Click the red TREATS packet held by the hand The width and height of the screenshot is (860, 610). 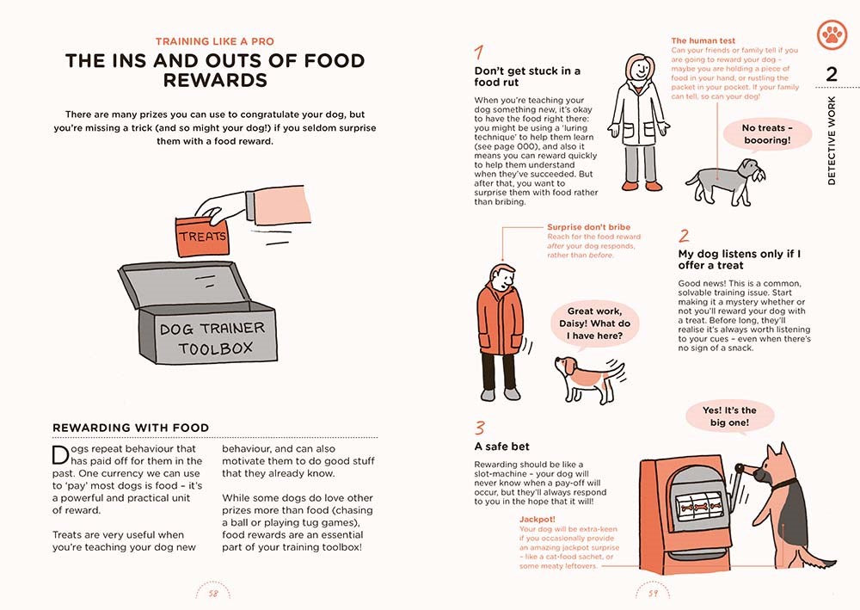[x=203, y=232]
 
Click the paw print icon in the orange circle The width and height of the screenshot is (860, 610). [x=832, y=34]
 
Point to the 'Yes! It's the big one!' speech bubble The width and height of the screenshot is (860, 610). [x=729, y=416]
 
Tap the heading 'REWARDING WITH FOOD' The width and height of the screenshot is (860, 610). [x=131, y=428]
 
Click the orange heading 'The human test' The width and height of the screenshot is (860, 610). [x=703, y=40]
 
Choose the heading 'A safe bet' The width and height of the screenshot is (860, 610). [x=502, y=447]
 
